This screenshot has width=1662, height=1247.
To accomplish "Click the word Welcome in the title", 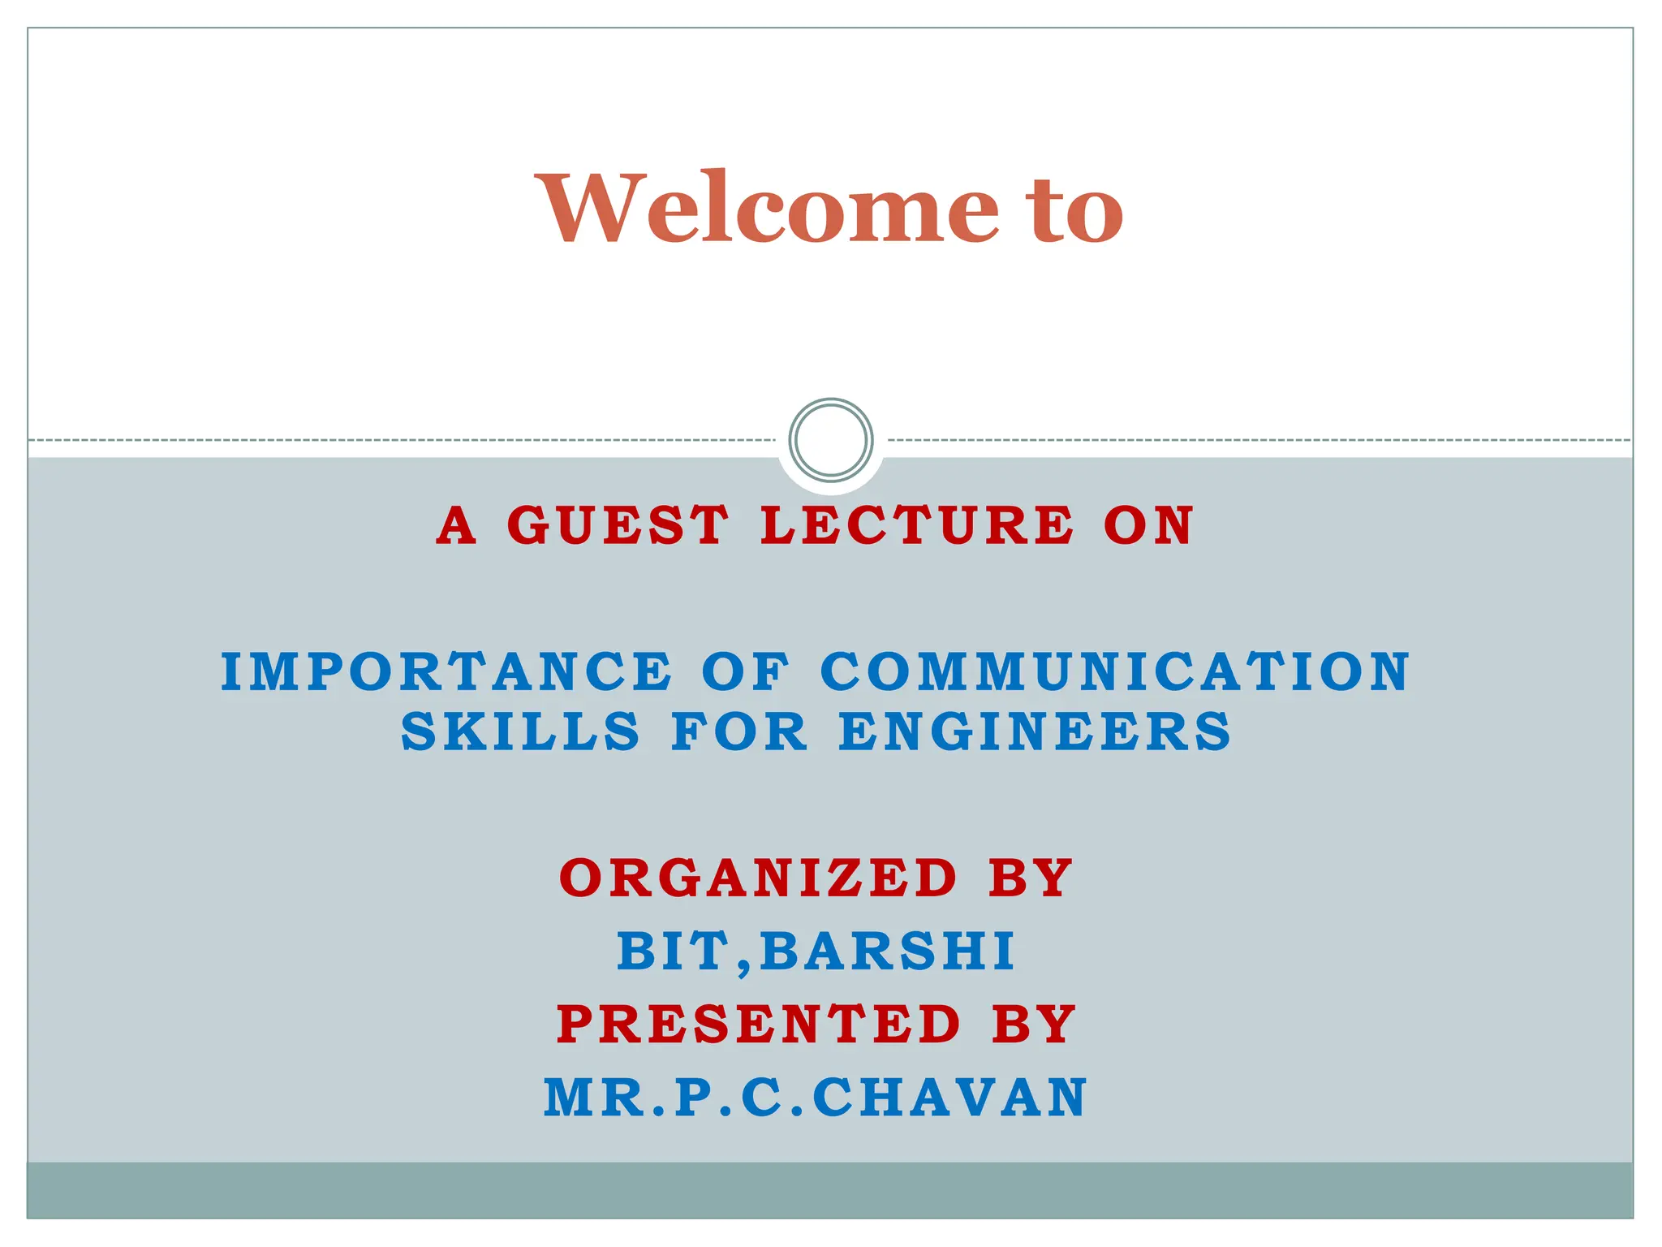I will (x=768, y=209).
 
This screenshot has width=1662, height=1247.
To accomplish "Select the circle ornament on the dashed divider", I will (x=830, y=439).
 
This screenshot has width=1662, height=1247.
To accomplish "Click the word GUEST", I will (x=618, y=525).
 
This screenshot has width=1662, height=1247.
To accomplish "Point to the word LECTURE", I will (x=918, y=525).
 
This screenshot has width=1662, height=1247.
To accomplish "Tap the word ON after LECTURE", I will (x=1148, y=525).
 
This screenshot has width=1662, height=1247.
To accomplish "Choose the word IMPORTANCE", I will (x=447, y=672).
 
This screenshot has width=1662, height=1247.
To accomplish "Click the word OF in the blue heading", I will (x=746, y=672).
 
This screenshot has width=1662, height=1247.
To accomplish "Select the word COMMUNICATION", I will (x=1115, y=672).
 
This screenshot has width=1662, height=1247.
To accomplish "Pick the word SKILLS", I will (x=521, y=731).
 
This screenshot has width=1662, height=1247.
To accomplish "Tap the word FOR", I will (x=740, y=731).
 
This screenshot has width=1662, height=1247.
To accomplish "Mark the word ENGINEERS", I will (x=1036, y=731).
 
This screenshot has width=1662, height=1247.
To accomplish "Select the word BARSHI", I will (x=888, y=951).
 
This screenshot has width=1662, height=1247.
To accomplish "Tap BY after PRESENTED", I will (x=1034, y=1024).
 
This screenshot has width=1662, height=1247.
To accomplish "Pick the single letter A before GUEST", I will (x=455, y=525).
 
